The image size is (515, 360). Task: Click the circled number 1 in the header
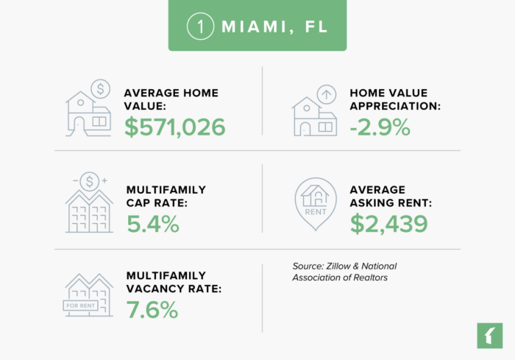coord(199,26)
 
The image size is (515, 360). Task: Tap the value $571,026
coord(174,127)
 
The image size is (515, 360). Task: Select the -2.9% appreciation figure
coord(380,127)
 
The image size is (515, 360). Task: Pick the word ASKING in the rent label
coord(373,203)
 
